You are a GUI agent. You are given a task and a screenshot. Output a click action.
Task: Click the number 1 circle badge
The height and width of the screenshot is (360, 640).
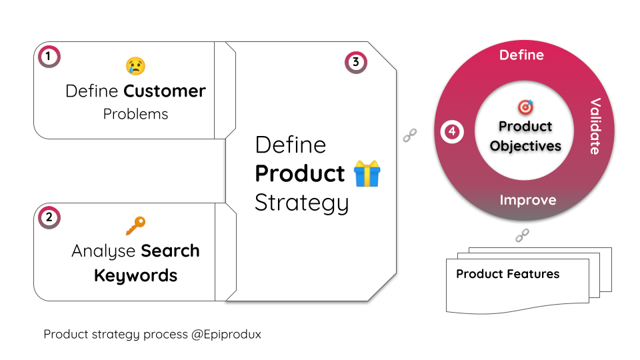tap(49, 56)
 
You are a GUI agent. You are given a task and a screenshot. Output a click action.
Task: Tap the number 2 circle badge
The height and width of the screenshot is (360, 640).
tap(49, 217)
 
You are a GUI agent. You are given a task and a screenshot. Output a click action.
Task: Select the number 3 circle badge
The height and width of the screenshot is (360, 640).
tap(356, 63)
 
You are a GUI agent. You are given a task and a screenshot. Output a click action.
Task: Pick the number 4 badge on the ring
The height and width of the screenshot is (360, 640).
tap(452, 131)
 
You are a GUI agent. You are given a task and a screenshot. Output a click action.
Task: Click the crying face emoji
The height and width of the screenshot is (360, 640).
tap(135, 66)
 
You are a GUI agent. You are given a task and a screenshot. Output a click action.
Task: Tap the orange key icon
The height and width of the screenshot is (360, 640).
tap(135, 226)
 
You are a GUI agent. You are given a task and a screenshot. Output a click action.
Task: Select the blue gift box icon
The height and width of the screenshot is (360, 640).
tap(367, 173)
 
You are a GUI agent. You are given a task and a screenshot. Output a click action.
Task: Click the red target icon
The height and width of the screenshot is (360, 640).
tap(525, 107)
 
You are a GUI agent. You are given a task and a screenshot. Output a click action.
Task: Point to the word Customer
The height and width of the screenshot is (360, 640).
tap(165, 91)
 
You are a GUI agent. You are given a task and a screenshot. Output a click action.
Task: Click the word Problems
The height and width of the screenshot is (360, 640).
tap(135, 114)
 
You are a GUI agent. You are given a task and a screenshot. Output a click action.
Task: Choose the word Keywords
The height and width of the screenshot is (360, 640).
tap(135, 276)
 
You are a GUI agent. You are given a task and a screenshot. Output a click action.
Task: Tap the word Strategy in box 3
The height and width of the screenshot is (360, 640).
tap(301, 203)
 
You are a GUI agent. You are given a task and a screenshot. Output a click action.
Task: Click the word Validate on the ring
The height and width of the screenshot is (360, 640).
tap(595, 126)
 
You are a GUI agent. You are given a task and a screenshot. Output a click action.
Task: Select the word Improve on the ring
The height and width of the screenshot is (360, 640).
tap(528, 200)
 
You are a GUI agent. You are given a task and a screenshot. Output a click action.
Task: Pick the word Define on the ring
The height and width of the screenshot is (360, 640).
tap(521, 55)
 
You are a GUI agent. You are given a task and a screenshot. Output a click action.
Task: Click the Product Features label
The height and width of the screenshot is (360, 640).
tap(508, 274)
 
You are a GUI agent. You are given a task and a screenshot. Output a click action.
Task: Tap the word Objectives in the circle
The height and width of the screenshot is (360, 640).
tap(525, 146)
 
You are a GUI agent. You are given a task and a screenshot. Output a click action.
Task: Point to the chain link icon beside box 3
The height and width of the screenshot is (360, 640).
tap(410, 135)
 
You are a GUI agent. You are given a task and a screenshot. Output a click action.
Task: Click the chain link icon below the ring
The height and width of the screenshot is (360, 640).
tap(522, 235)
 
